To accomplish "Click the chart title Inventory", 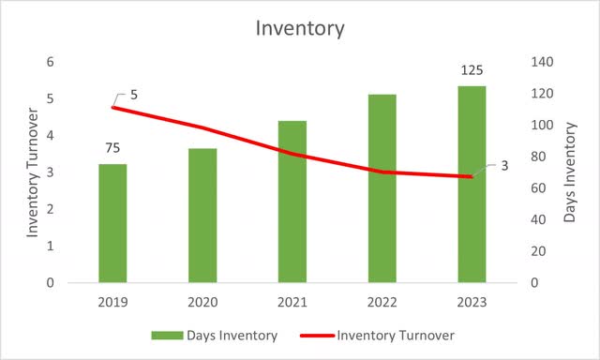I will click(300, 28).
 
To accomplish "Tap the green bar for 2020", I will click(202, 216).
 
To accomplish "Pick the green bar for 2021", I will click(292, 202).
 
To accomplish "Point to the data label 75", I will click(112, 148).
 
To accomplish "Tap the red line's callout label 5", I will click(133, 95).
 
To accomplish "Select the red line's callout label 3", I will click(503, 166).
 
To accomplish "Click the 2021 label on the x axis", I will click(292, 303).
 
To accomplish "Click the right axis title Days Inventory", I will click(570, 172).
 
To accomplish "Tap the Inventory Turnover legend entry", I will click(379, 335).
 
